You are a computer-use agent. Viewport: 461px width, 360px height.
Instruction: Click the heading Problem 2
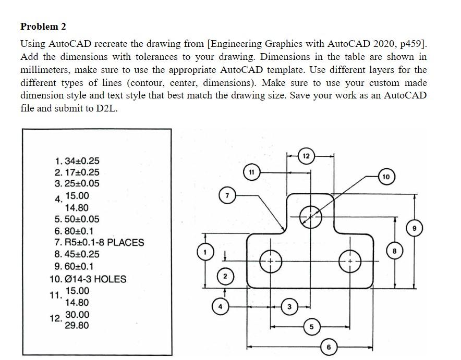43,26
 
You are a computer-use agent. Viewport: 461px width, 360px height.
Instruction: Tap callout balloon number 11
251,171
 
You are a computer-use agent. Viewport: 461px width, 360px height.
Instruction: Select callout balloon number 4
220,307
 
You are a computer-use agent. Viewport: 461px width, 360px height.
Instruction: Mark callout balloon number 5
311,327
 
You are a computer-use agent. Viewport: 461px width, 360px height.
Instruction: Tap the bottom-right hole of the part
349,260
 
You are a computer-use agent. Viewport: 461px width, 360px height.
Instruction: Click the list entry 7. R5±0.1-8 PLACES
99,243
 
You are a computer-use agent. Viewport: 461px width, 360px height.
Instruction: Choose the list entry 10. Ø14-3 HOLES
87,279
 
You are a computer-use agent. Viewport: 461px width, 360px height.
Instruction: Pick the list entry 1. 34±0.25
77,161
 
